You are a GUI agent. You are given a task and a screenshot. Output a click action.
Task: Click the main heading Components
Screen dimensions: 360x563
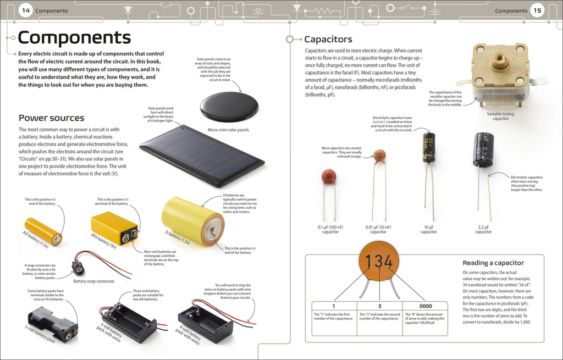tap(74, 37)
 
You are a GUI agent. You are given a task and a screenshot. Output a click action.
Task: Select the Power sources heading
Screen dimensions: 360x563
tap(51, 118)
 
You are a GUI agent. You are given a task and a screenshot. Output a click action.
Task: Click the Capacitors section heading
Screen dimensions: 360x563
tap(328, 39)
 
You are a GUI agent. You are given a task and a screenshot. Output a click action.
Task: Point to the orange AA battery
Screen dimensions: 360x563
tap(43, 231)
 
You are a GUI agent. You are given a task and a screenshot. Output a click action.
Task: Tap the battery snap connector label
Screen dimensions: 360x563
tap(94, 281)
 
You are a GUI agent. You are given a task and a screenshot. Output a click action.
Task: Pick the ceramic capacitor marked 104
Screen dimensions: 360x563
tap(329, 177)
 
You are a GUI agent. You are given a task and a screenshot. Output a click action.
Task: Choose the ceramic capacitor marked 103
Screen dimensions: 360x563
tap(379, 156)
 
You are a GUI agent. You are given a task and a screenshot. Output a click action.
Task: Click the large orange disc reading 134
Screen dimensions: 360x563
tap(379, 261)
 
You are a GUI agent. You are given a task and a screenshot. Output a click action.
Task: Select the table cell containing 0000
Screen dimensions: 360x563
tap(425, 306)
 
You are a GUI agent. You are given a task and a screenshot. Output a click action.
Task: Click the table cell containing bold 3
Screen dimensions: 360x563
tap(379, 306)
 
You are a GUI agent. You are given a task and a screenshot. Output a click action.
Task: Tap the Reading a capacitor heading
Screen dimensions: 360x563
tap(493, 263)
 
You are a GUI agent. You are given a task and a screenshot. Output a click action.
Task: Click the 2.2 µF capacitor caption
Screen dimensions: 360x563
tap(483, 229)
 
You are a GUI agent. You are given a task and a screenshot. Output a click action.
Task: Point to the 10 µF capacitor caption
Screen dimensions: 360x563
tap(429, 229)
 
